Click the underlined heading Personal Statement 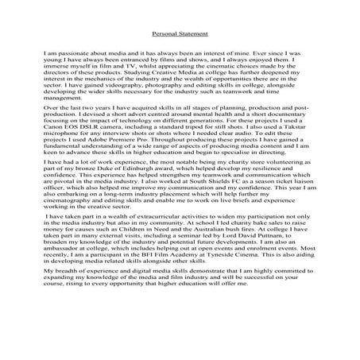pyautogui.click(x=180, y=34)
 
